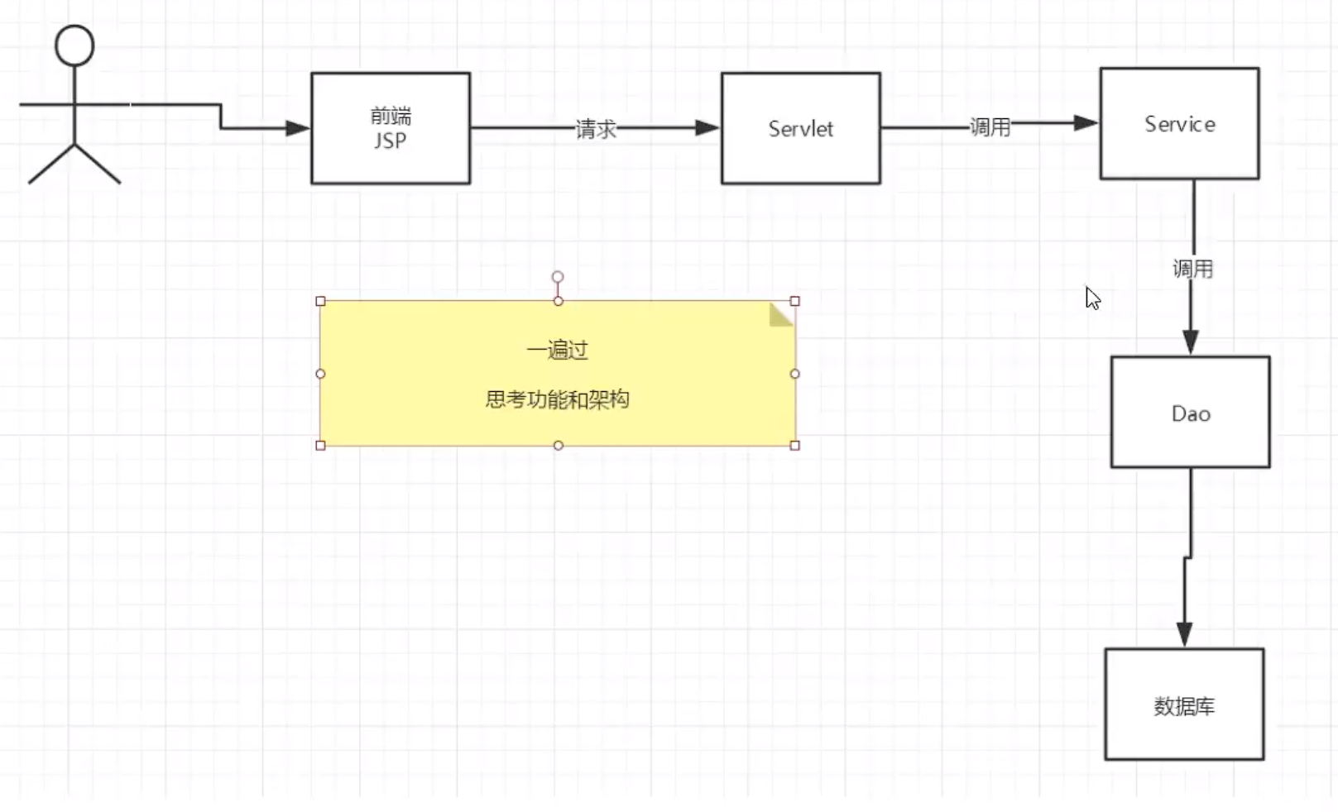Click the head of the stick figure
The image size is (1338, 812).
[x=74, y=45]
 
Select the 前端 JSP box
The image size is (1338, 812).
[x=391, y=128]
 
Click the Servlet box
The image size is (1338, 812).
[x=800, y=128]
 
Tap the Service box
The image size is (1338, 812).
[x=1179, y=124]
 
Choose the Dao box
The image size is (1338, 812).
[x=1190, y=413]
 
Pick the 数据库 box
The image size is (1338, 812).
[x=1184, y=705]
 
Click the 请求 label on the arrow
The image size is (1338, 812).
[x=596, y=129]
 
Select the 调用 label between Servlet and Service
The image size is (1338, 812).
[x=990, y=127]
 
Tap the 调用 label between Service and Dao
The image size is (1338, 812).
[x=1192, y=269]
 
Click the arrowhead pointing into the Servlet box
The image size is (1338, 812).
[x=707, y=128]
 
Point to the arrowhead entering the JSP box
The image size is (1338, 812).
[x=297, y=128]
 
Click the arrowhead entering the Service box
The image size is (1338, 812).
[x=1086, y=123]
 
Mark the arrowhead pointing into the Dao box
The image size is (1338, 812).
[x=1191, y=342]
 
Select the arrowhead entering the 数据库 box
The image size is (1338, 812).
[x=1184, y=634]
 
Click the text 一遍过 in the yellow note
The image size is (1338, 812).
[x=558, y=351]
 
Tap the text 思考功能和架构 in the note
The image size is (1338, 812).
[x=558, y=400]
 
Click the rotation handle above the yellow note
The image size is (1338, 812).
[x=558, y=277]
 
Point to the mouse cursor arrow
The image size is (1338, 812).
[x=1092, y=298]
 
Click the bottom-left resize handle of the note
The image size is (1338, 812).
[x=321, y=446]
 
